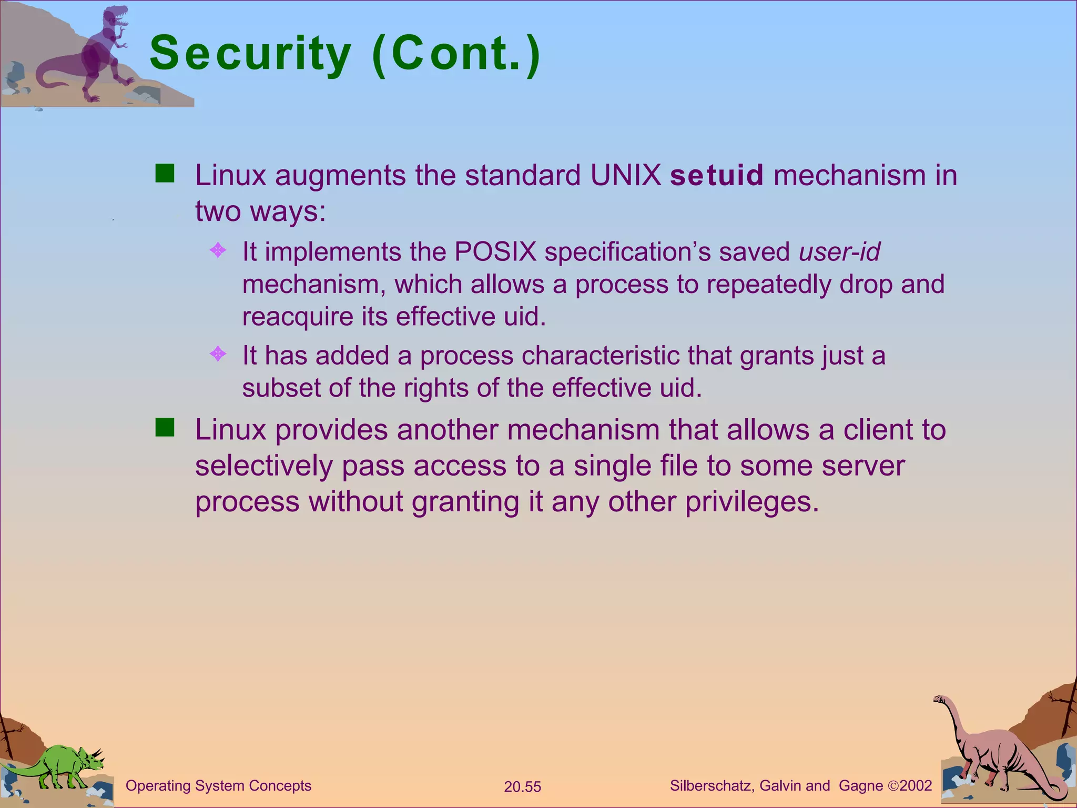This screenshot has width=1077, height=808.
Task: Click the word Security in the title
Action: click(x=250, y=53)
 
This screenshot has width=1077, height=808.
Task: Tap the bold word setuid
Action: click(x=716, y=175)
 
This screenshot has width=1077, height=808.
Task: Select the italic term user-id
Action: click(x=839, y=251)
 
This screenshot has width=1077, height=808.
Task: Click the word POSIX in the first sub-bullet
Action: click(x=495, y=251)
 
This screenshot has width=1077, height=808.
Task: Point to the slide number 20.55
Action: click(x=522, y=787)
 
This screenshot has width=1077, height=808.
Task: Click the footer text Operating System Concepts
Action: click(x=218, y=785)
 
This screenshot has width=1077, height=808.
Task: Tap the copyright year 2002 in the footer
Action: click(x=916, y=785)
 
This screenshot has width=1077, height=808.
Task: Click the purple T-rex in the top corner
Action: click(x=103, y=53)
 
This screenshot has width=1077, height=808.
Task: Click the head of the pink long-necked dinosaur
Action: click(x=939, y=699)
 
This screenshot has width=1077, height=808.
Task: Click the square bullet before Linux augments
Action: click(x=165, y=173)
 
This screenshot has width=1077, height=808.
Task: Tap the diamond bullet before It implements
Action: click(x=218, y=250)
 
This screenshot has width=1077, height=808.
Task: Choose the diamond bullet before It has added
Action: click(x=218, y=353)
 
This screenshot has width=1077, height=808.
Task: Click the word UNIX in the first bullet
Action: click(x=625, y=175)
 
